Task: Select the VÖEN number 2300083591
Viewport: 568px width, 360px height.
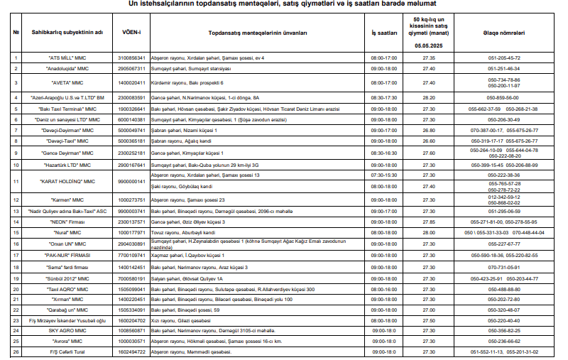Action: click(131, 97)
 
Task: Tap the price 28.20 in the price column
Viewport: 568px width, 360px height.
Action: click(428, 97)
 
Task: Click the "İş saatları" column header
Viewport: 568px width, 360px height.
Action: click(384, 33)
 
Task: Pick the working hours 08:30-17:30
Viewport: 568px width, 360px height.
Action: click(384, 97)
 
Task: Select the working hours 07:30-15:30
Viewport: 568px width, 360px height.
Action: click(384, 175)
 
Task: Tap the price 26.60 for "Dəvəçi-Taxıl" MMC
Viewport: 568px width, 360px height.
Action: click(428, 141)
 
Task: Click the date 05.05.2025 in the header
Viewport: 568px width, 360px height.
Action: click(428, 45)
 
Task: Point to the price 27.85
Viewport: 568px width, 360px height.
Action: click(428, 222)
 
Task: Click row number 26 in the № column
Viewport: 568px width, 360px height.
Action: click(16, 351)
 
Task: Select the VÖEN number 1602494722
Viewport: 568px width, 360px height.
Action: click(131, 351)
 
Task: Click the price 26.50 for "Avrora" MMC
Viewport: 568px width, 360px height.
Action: click(428, 341)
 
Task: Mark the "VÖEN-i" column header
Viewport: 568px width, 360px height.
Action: click(131, 33)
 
